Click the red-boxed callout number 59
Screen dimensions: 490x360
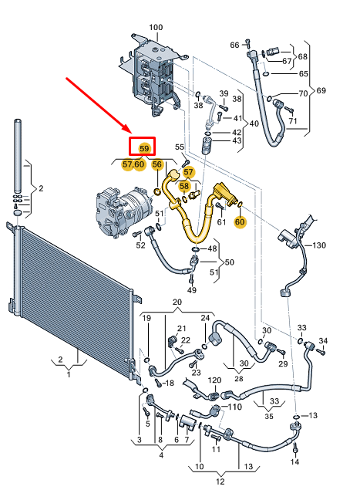point(143,147)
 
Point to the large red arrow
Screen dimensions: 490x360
point(100,104)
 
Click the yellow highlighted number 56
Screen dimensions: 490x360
point(157,164)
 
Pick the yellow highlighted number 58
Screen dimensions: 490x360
point(184,186)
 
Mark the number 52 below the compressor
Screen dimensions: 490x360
point(140,245)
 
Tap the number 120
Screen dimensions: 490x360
point(214,380)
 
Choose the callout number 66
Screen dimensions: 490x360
point(234,45)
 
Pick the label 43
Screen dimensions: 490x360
point(237,140)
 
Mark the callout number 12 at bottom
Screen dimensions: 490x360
point(220,482)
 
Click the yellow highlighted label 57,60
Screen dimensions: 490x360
point(133,164)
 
